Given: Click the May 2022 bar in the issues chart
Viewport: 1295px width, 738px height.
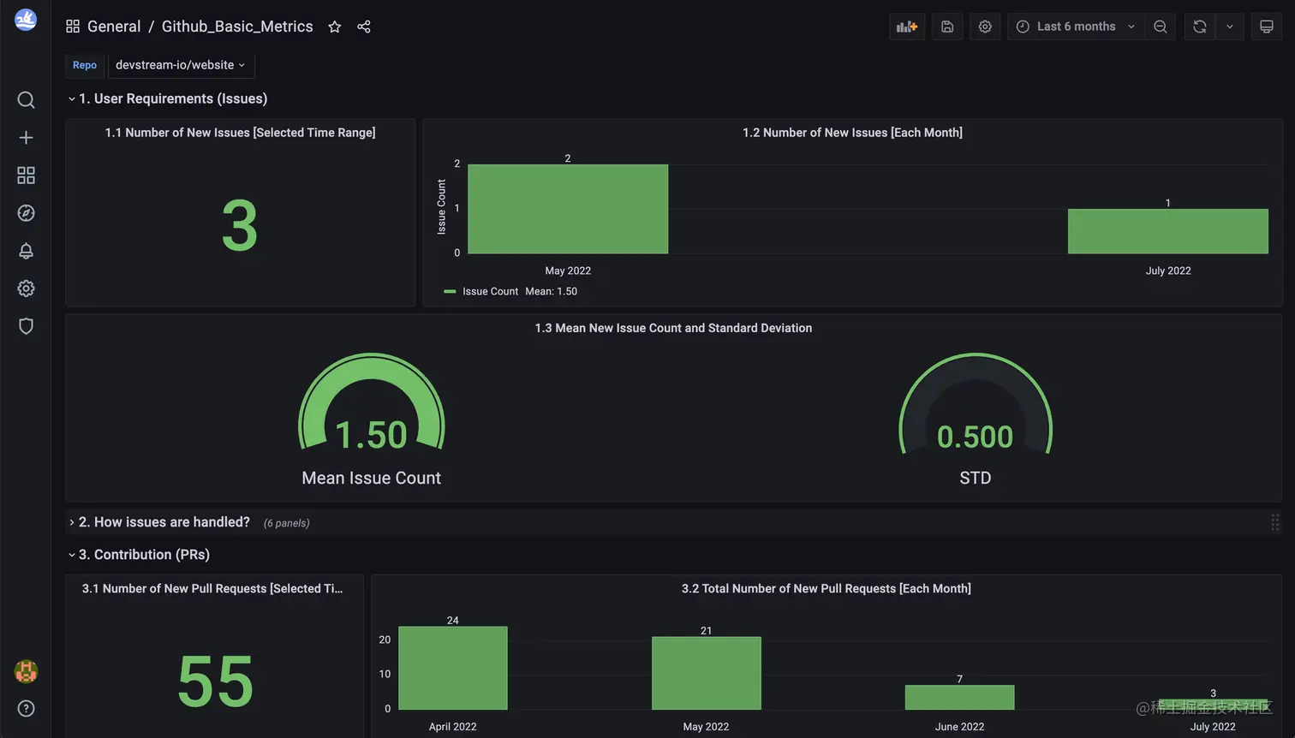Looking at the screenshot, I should tap(568, 209).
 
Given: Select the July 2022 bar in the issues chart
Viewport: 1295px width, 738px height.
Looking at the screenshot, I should tap(1167, 231).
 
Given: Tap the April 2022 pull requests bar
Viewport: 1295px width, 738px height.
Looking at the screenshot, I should tap(453, 668).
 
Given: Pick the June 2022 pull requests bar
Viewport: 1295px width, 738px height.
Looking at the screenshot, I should tap(959, 697).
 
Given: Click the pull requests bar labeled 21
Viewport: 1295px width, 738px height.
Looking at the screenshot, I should tap(706, 673).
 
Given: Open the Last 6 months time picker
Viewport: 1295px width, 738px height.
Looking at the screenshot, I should tap(1076, 27).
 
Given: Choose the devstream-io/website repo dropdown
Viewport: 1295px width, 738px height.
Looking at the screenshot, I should tap(181, 65).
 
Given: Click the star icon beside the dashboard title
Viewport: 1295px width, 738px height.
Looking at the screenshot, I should tap(335, 27).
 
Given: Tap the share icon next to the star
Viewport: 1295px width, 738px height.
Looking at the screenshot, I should tap(364, 27).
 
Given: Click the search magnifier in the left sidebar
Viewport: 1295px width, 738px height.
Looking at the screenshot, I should tap(26, 100).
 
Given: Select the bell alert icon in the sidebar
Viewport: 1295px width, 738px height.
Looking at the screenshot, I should tap(26, 251).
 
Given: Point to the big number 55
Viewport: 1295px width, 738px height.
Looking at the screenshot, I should tap(215, 681).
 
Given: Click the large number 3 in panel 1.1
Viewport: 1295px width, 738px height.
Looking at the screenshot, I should tap(240, 226).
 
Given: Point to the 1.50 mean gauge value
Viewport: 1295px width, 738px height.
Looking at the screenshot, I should tap(371, 435).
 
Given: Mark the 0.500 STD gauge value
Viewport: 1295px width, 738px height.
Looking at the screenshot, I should tap(975, 437).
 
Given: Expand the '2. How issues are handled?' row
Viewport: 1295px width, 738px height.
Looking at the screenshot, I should tap(164, 522).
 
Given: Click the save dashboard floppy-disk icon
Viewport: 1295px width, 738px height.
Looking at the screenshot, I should tap(947, 27).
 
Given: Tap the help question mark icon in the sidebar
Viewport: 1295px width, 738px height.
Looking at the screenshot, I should tap(26, 708).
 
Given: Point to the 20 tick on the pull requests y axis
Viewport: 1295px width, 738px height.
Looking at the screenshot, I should tap(385, 640).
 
